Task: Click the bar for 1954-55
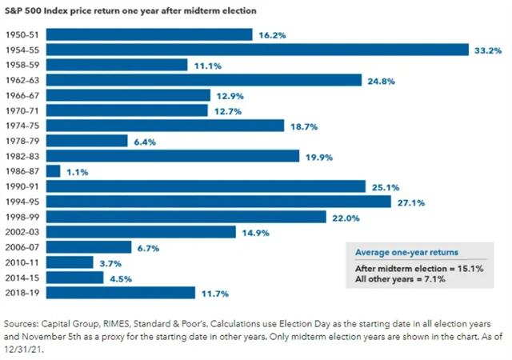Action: pyautogui.click(x=256, y=50)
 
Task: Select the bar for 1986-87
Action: pyautogui.click(x=54, y=171)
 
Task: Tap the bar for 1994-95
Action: pyautogui.click(x=218, y=202)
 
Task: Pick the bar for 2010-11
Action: pyautogui.click(x=70, y=262)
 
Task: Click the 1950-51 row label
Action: pyautogui.click(x=24, y=34)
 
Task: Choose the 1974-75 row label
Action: pyautogui.click(x=24, y=126)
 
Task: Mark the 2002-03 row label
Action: pyautogui.click(x=24, y=232)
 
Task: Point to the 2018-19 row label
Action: pyautogui.click(x=24, y=293)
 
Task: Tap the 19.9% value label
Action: pyautogui.click(x=318, y=156)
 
